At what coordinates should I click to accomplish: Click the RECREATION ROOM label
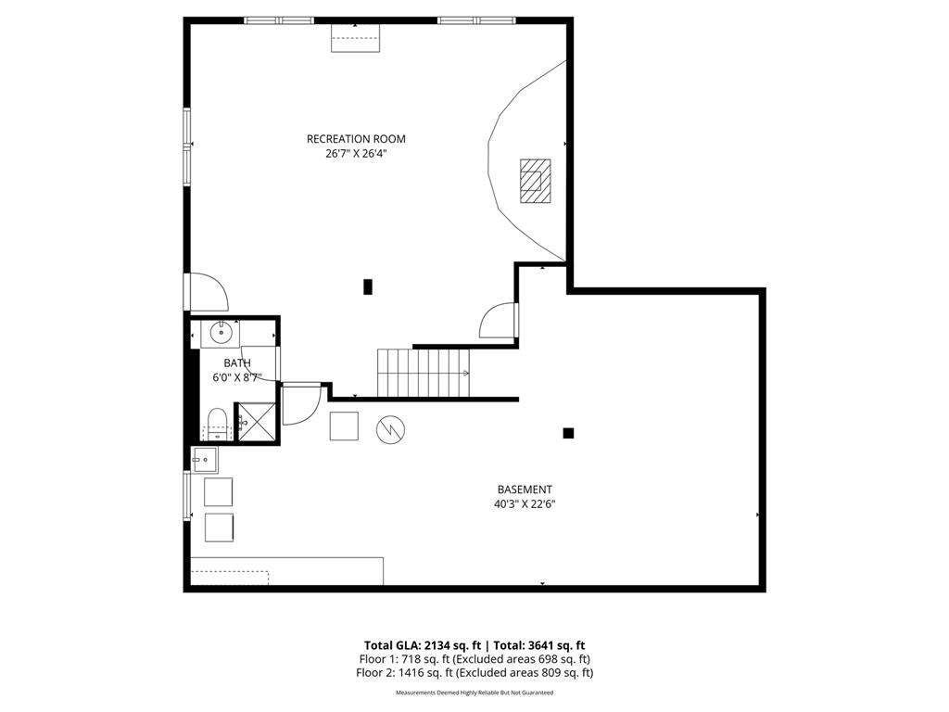pos(356,139)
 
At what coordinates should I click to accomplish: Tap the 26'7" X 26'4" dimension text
pos(356,155)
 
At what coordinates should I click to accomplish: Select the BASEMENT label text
pos(525,489)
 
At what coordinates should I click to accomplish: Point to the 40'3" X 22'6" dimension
pos(525,505)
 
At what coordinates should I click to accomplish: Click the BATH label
pos(236,363)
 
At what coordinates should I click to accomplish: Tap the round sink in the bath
pos(221,331)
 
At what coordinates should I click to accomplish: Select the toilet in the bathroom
pos(217,422)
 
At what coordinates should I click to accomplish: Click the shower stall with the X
pos(257,422)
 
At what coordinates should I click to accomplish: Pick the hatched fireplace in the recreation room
pos(535,181)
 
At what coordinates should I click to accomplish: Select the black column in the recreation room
pos(368,286)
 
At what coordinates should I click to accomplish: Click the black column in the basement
pos(568,432)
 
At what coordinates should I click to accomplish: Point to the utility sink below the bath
pos(205,458)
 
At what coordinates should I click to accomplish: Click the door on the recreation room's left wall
pos(207,292)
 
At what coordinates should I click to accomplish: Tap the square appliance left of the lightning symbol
pos(345,426)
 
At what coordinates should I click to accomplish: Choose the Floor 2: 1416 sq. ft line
pos(474,673)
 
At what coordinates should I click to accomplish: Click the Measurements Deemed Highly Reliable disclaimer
pos(474,693)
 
